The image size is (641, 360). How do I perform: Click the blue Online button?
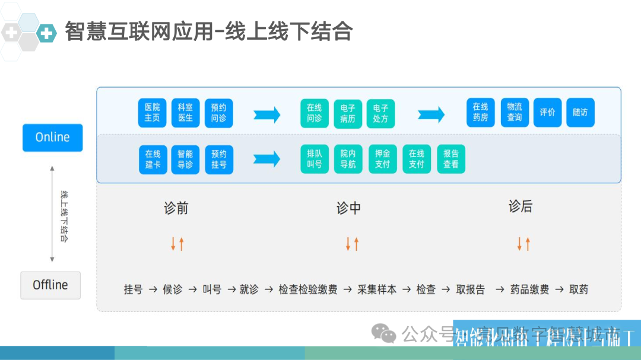pos(52,138)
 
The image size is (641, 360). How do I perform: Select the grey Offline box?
pos(50,285)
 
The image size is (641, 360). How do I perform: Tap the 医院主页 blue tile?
pos(153,113)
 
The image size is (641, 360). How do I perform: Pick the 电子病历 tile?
pos(348,113)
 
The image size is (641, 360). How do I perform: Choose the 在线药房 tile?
pos(480,112)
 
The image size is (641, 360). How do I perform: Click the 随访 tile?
pos(580,112)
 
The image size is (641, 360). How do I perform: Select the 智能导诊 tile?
pos(186,159)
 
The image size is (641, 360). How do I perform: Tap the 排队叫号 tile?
pos(315,159)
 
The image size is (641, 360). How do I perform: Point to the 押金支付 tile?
pos(383,159)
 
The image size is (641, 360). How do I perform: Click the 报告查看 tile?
pos(451,159)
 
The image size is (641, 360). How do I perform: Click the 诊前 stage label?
pos(176,208)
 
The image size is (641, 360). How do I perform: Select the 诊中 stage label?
pos(348,208)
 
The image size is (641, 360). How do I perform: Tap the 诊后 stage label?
pos(521,206)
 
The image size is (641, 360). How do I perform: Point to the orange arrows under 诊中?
pos(352,244)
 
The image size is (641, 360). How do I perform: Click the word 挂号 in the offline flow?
pos(133,289)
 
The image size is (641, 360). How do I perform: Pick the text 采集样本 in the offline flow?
pos(377,289)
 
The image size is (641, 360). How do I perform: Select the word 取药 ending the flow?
pos(579,289)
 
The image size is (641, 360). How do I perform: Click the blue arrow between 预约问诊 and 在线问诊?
pos(266,114)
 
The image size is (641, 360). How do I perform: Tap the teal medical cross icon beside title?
pos(46,33)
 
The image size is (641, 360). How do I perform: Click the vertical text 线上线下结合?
pos(64,216)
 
